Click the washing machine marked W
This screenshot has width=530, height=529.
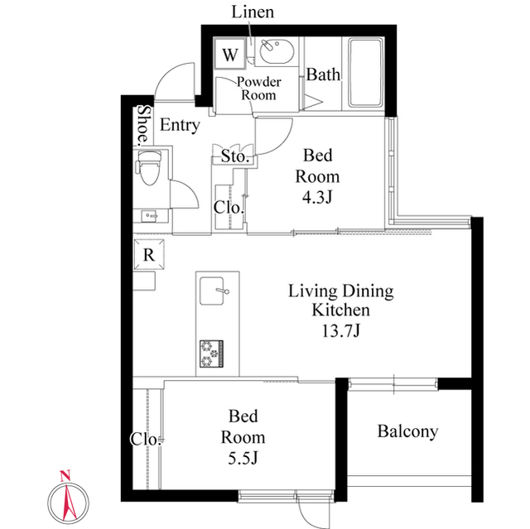pyautogui.click(x=230, y=54)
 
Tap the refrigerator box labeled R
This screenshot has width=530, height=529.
pyautogui.click(x=149, y=255)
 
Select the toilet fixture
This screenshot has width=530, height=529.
pyautogui.click(x=149, y=167)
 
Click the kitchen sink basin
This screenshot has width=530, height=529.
pyautogui.click(x=212, y=291)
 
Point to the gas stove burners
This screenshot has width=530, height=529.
pyautogui.click(x=212, y=353)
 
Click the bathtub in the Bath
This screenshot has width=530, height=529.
pyautogui.click(x=365, y=73)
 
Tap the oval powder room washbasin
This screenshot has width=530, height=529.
pyautogui.click(x=277, y=51)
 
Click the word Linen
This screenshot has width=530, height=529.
pyautogui.click(x=253, y=12)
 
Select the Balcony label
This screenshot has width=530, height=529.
pyautogui.click(x=407, y=431)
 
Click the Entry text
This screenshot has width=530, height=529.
pyautogui.click(x=180, y=125)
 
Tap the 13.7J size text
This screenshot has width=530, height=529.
pyautogui.click(x=340, y=331)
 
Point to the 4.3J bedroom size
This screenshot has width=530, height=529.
pyautogui.click(x=317, y=197)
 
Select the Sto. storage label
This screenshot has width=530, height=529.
pyautogui.click(x=235, y=156)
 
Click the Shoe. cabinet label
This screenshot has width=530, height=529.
pyautogui.click(x=143, y=124)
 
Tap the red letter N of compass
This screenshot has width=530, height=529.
pyautogui.click(x=65, y=476)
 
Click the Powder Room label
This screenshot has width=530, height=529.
pyautogui.click(x=258, y=89)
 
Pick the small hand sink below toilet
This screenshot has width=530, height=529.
pyautogui.click(x=150, y=215)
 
